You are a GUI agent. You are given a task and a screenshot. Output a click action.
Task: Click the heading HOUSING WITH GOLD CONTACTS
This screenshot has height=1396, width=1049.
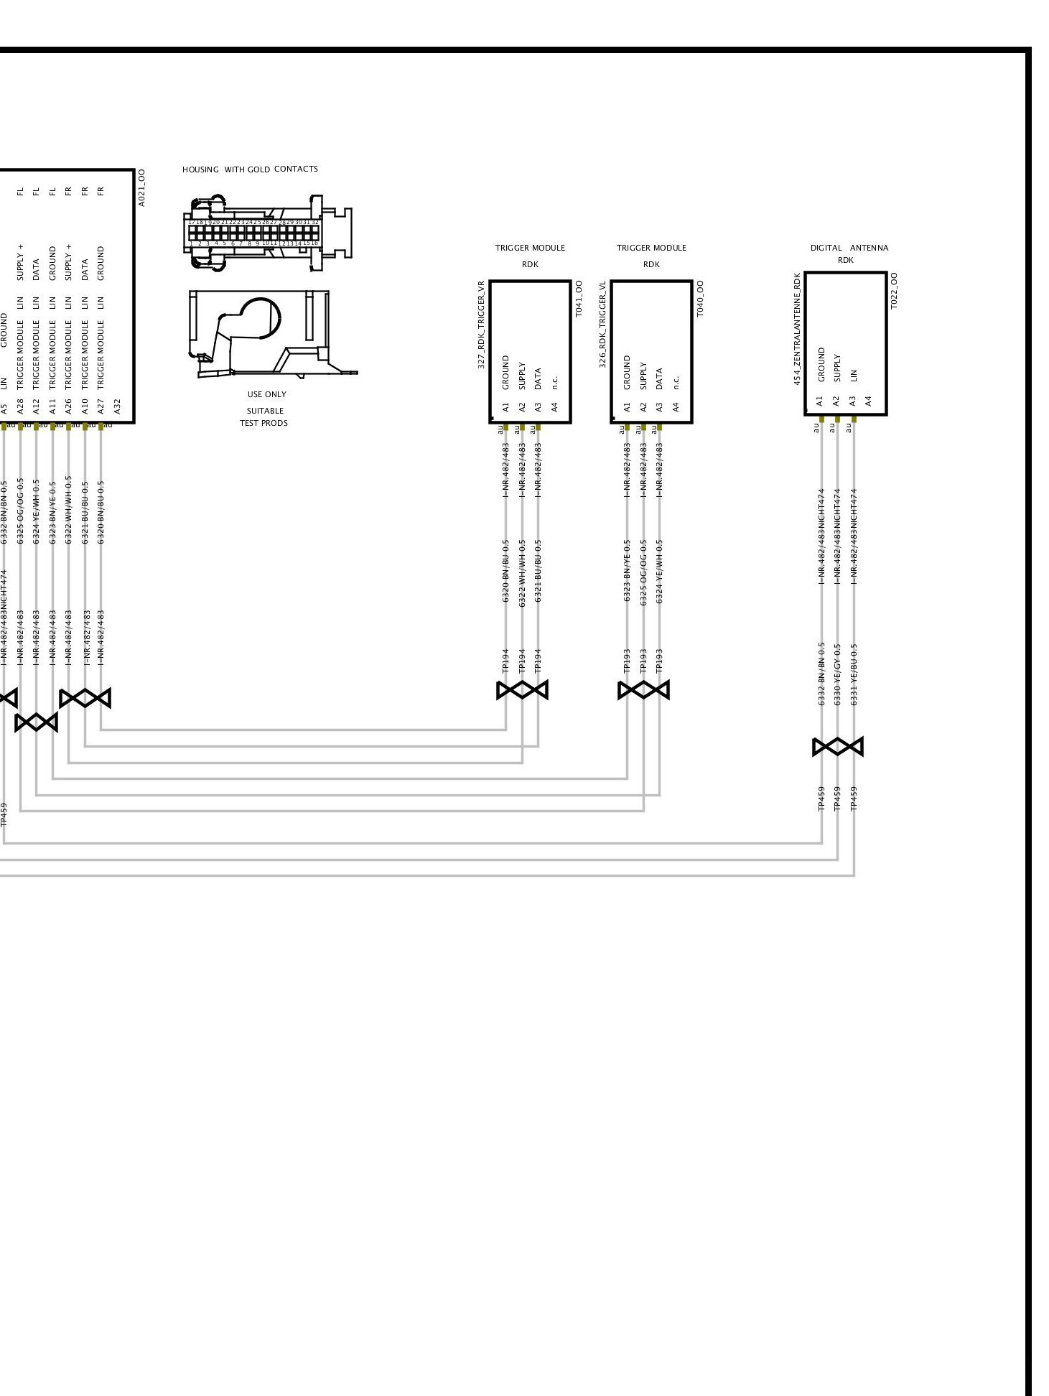250,169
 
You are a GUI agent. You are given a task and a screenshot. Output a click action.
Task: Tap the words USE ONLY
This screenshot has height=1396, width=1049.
266,394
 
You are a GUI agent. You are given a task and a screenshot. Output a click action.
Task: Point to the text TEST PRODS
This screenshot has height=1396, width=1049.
264,423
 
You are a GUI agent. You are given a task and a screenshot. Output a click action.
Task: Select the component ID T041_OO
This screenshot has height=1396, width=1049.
579,299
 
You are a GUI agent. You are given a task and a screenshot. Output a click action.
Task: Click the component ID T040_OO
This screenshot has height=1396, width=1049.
700,299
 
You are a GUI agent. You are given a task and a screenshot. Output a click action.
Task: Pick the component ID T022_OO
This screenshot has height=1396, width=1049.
894,290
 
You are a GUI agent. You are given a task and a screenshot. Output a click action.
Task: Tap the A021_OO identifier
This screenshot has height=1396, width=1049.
141,187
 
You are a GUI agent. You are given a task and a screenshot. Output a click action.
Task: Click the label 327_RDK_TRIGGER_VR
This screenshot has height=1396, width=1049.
481,325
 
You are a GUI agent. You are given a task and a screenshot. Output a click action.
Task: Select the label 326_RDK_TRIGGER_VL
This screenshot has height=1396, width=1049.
602,325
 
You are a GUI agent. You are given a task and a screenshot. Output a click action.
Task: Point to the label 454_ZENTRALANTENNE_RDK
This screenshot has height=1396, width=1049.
796,328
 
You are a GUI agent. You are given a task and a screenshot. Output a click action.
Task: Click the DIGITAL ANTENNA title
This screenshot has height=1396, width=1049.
849,248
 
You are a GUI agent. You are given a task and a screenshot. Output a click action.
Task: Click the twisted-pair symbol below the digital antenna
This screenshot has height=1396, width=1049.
837,747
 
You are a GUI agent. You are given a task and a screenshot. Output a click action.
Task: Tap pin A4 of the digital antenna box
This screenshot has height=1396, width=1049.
868,401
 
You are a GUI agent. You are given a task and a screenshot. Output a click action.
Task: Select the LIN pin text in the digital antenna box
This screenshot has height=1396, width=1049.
853,376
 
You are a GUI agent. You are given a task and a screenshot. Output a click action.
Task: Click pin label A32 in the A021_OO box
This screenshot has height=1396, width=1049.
118,407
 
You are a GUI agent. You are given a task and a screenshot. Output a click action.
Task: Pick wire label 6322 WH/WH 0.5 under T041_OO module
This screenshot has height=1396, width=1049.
522,572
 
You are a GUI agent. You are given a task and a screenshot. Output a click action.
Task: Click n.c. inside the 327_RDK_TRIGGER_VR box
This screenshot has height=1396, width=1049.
554,382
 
